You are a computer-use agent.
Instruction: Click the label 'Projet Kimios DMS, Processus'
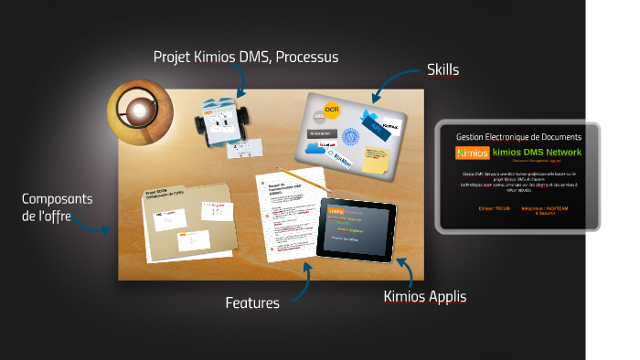point(246,57)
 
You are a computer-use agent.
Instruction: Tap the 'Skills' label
point(443,69)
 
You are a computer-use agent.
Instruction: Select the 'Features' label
point(252,302)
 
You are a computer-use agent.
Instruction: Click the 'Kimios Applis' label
point(424,296)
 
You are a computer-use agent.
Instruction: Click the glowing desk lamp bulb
point(137,111)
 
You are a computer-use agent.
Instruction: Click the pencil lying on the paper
point(303,177)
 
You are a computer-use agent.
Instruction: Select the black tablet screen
point(357,228)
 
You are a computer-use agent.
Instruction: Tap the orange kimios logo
point(472,152)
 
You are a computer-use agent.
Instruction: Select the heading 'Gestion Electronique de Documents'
point(518,135)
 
